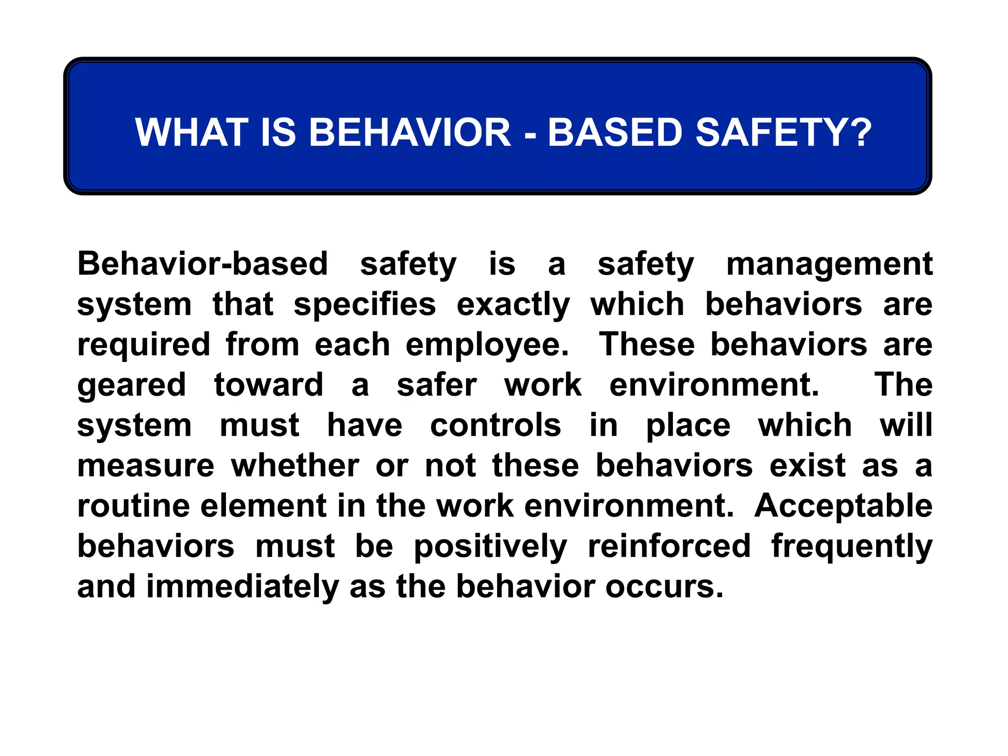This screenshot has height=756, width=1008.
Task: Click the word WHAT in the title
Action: click(x=191, y=132)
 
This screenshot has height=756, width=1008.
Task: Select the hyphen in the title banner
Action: click(x=530, y=133)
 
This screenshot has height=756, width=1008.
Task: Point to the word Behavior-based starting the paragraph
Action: click(x=202, y=264)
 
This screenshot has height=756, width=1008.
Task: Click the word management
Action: click(x=829, y=264)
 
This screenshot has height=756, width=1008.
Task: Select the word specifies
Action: click(x=364, y=305)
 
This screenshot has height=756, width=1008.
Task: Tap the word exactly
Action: click(x=513, y=305)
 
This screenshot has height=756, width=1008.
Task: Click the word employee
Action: click(x=487, y=345)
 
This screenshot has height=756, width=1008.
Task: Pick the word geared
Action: click(x=131, y=385)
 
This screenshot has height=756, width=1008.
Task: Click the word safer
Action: click(x=437, y=385)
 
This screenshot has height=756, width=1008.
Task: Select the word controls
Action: click(x=495, y=425)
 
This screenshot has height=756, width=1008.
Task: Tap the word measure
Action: click(x=146, y=466)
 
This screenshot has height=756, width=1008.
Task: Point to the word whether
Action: click(x=295, y=466)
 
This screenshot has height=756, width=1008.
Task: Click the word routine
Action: click(x=133, y=506)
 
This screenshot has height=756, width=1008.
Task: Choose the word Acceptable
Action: click(x=843, y=506)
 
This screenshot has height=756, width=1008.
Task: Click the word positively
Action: click(x=490, y=546)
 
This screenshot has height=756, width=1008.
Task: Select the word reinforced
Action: click(x=669, y=546)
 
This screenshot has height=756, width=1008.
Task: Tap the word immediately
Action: click(x=242, y=587)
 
